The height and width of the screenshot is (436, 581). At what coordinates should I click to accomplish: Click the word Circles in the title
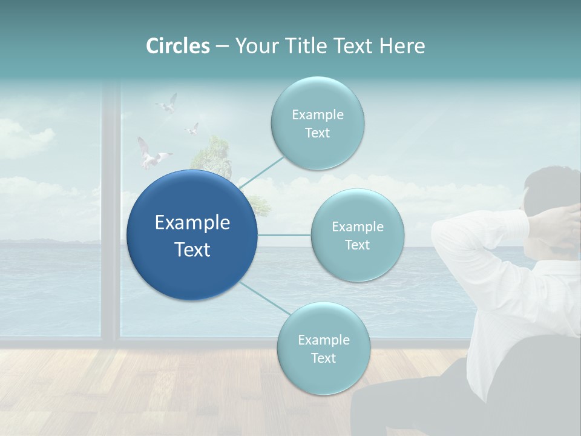(x=178, y=46)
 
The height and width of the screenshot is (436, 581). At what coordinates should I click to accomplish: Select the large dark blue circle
(x=192, y=235)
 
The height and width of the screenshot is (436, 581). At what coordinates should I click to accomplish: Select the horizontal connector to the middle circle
(x=284, y=235)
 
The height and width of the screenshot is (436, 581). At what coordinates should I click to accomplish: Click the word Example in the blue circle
(x=192, y=222)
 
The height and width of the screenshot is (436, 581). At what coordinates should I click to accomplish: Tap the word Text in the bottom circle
(x=323, y=358)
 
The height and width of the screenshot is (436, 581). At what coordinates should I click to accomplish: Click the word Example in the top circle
(x=317, y=114)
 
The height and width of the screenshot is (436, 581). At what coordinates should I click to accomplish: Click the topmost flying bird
(x=167, y=104)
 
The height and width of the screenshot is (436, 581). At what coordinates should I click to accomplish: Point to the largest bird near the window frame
(x=149, y=155)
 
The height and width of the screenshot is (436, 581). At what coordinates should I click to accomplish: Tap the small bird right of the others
(x=192, y=128)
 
